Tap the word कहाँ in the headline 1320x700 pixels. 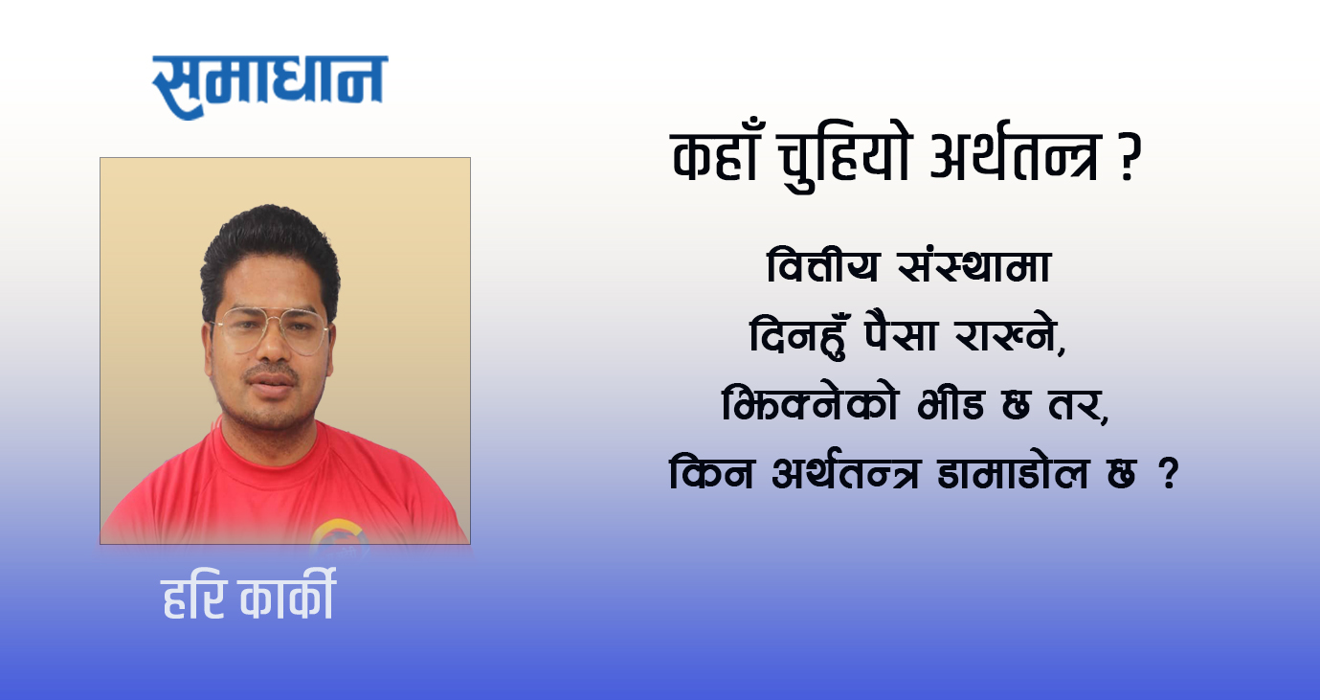point(715,155)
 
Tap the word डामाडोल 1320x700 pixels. point(1013,472)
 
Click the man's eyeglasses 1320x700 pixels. point(271,330)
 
